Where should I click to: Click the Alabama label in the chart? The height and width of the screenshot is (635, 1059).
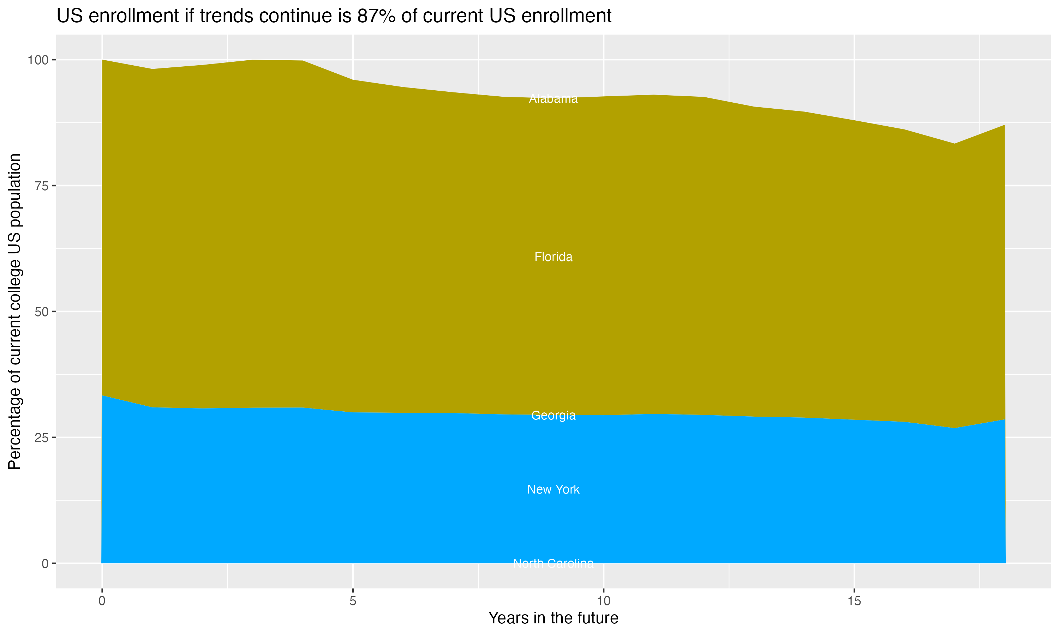[553, 99]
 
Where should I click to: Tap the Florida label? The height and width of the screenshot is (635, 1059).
[553, 257]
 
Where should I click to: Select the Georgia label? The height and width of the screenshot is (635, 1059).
[553, 416]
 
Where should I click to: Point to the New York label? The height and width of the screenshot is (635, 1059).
[553, 490]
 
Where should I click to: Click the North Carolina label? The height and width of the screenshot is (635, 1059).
[553, 563]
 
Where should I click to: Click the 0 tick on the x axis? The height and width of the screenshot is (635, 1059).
[102, 601]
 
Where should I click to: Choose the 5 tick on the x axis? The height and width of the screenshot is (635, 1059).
[353, 601]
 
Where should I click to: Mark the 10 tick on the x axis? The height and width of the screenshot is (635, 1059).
[603, 601]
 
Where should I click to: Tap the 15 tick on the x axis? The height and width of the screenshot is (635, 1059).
[854, 601]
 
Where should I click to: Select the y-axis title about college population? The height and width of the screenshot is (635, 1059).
[14, 312]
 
